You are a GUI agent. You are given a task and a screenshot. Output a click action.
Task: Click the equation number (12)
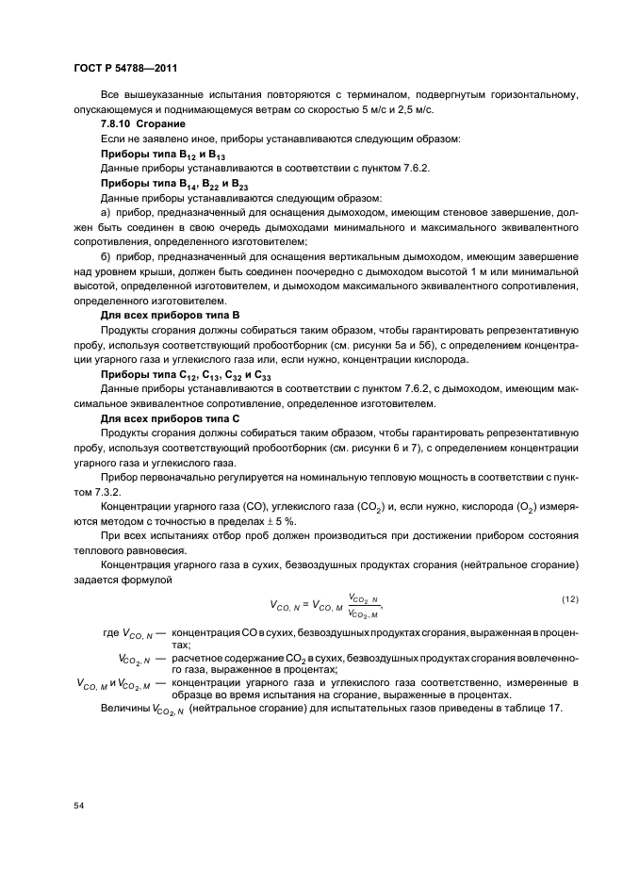point(569,599)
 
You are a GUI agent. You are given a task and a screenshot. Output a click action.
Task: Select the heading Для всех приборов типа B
point(170,317)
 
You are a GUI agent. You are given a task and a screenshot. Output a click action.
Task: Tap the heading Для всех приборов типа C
point(170,419)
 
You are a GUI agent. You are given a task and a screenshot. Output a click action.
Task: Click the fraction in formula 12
point(364,606)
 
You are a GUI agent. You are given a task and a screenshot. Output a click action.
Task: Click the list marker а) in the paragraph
point(106,213)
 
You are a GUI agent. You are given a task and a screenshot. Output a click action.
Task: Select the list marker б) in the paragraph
point(106,257)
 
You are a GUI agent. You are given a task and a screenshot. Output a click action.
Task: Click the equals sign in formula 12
point(303,606)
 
